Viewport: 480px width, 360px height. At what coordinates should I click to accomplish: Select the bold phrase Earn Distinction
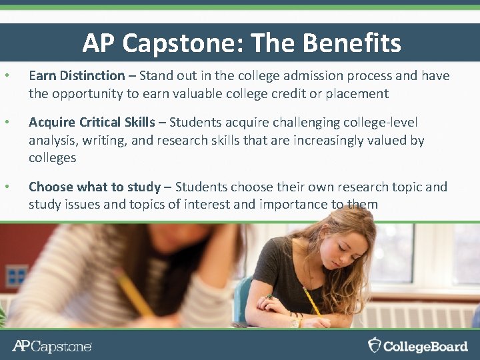point(77,76)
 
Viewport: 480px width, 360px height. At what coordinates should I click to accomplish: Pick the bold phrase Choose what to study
point(95,187)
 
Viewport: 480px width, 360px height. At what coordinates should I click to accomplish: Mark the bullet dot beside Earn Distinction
point(6,76)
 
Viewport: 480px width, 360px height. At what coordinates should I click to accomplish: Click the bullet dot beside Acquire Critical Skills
point(6,123)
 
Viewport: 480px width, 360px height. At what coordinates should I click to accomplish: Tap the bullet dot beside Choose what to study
point(6,187)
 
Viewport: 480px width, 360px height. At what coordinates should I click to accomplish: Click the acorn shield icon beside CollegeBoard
point(375,345)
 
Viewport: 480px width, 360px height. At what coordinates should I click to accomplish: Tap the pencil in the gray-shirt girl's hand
point(311,302)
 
